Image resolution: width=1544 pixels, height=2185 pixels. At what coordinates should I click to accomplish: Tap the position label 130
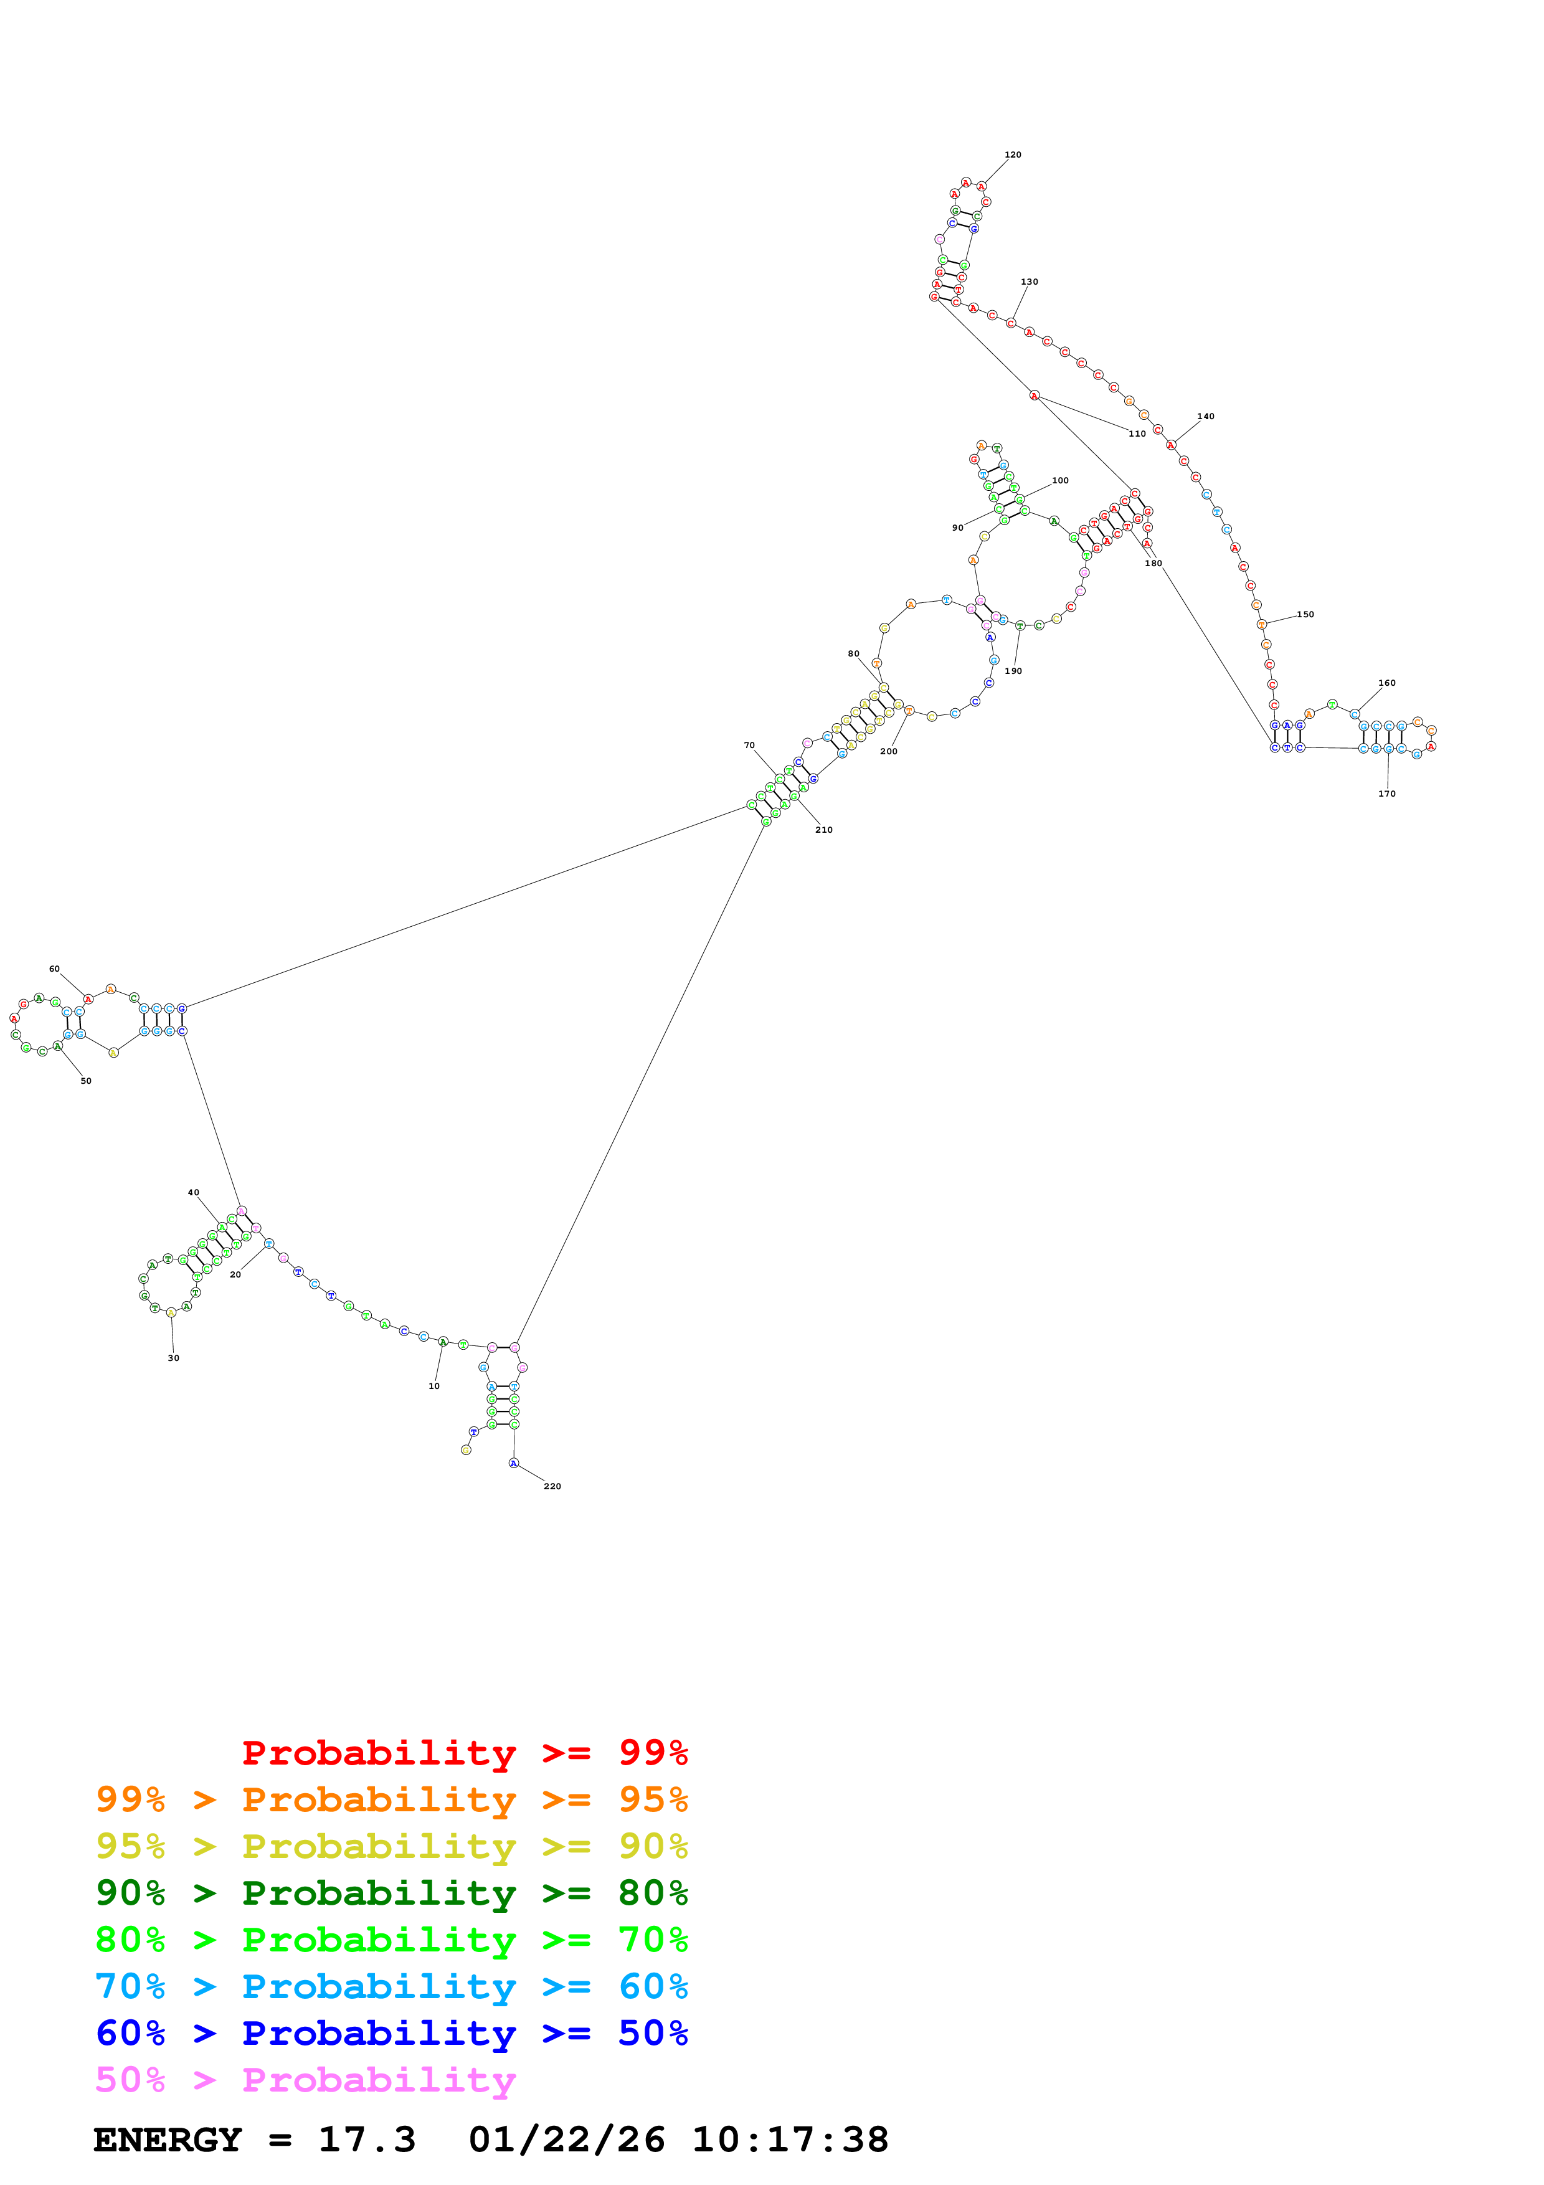point(1030,282)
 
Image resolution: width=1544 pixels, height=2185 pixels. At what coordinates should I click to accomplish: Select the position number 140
point(1205,416)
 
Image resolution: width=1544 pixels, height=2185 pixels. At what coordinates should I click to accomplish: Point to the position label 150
point(1305,614)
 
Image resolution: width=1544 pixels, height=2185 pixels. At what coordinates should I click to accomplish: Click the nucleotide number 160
point(1387,682)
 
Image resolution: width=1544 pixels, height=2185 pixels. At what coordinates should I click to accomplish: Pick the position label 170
point(1387,793)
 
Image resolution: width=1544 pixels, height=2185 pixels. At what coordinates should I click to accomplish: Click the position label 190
point(1013,670)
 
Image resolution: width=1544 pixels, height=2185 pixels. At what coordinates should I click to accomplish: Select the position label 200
point(889,751)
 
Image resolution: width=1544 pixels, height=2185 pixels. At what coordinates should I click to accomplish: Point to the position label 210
point(824,829)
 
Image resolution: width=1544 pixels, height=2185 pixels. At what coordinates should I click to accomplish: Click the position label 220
point(552,1486)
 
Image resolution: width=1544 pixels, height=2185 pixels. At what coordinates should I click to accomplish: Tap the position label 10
point(434,1386)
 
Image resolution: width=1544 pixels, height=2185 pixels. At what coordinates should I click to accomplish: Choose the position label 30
point(173,1357)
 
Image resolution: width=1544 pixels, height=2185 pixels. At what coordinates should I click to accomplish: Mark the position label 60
point(54,968)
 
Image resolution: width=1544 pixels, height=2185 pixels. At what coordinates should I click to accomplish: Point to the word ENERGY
point(168,2140)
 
